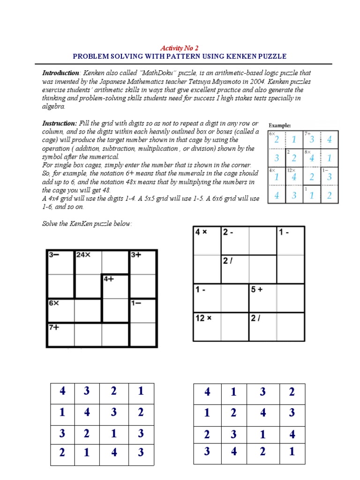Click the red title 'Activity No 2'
pos(180,48)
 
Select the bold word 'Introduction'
pos(60,73)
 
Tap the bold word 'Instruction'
pos(59,123)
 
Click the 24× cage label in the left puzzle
pos(83,255)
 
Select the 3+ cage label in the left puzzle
pos(136,255)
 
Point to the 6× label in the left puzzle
pos(53,303)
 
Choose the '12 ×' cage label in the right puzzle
pos(204,318)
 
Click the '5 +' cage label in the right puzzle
pos(257,290)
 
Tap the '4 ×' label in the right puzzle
pos(202,232)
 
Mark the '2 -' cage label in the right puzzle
pos(228,232)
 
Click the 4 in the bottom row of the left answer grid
pos(114,453)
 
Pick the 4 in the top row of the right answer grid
pos(207,392)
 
